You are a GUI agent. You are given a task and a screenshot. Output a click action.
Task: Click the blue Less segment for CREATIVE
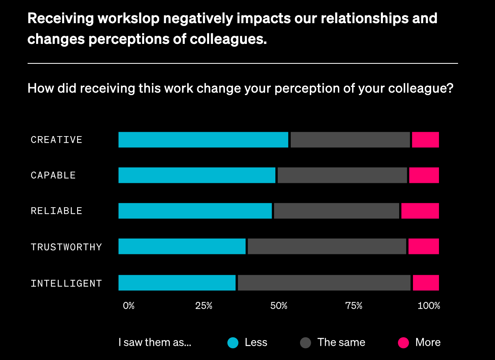click(203, 140)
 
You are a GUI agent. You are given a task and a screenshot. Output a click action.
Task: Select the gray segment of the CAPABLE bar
click(342, 175)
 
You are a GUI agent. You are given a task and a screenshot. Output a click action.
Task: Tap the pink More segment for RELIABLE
click(420, 211)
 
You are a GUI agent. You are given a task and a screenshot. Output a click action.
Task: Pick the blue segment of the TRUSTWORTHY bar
click(182, 246)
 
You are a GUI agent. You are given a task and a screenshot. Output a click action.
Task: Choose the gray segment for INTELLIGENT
click(324, 283)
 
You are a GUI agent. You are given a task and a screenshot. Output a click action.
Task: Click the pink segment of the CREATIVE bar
click(425, 140)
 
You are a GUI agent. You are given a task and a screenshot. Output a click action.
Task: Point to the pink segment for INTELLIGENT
click(426, 283)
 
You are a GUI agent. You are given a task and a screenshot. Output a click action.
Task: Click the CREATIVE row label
click(56, 140)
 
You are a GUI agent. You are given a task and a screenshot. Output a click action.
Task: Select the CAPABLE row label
click(53, 175)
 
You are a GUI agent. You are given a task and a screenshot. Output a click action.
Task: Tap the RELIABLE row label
click(56, 211)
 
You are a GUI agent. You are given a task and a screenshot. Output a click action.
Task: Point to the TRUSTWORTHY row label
click(66, 247)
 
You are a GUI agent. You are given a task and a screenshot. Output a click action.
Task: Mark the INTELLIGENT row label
click(66, 283)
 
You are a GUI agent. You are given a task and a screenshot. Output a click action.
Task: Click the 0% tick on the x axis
click(129, 306)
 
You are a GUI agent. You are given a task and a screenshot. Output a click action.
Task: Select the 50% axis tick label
click(279, 306)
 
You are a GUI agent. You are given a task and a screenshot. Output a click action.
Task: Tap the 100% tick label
click(429, 306)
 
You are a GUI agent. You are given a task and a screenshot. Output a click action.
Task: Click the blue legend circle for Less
click(233, 343)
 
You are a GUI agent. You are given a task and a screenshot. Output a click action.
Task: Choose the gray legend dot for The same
click(305, 343)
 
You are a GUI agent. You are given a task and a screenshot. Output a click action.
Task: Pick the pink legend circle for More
click(403, 343)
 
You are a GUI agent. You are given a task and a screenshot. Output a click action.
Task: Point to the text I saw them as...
click(155, 343)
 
